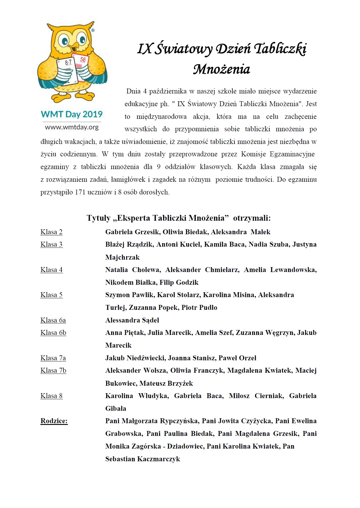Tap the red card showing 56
(x=82, y=65)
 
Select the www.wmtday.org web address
(x=72, y=127)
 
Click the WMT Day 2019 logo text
(x=72, y=114)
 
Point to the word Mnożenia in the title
(x=221, y=69)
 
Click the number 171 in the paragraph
(x=81, y=192)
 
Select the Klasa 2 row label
(x=51, y=232)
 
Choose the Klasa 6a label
(x=53, y=320)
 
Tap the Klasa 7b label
(x=53, y=370)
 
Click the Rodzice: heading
(x=54, y=421)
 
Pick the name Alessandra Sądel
(x=132, y=320)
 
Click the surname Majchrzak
(x=122, y=257)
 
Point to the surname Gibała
(x=116, y=408)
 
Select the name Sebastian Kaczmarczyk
(x=143, y=459)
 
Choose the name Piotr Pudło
(x=199, y=308)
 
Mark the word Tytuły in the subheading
(x=99, y=218)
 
